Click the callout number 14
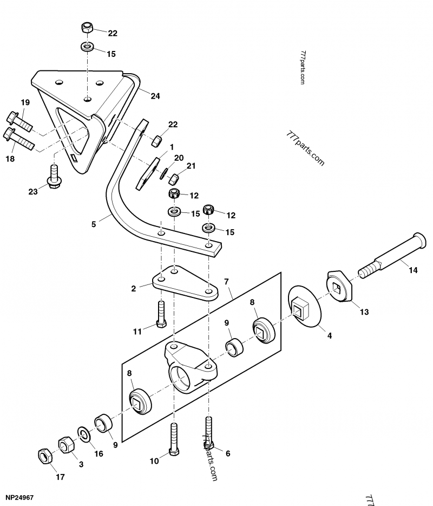click(413, 270)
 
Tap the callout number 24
click(155, 96)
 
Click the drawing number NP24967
click(21, 496)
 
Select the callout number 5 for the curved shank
click(93, 223)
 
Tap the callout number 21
click(191, 166)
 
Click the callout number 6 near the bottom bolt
click(228, 453)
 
